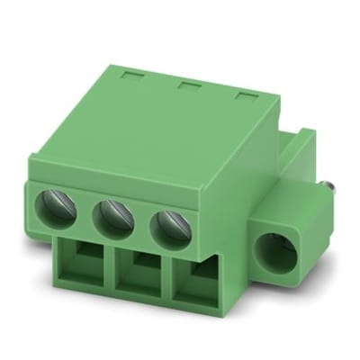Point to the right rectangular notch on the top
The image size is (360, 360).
coord(244,94)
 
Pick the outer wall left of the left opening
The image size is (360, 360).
coord(62,261)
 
